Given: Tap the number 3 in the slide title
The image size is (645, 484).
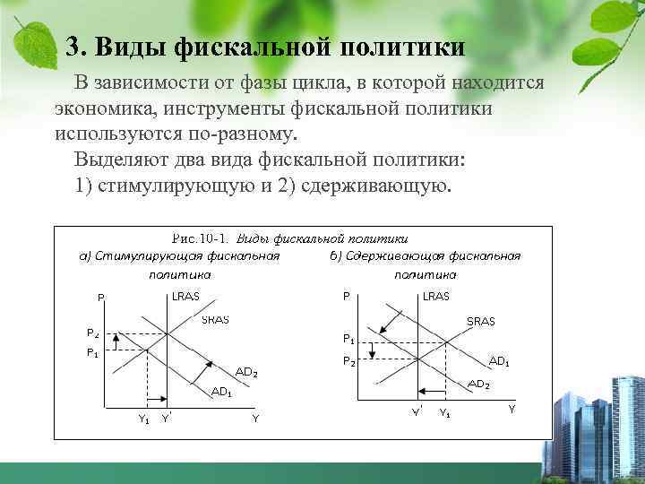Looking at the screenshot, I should click(x=73, y=46).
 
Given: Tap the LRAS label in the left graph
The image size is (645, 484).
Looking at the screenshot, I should click(x=186, y=297).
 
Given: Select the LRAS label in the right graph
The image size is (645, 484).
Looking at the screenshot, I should click(x=436, y=297).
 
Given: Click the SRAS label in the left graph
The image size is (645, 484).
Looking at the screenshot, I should click(x=214, y=319).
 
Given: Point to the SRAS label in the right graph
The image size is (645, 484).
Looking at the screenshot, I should click(x=481, y=321).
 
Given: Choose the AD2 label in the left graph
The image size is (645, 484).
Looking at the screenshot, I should click(x=246, y=372).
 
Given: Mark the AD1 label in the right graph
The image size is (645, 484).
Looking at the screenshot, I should click(x=499, y=361).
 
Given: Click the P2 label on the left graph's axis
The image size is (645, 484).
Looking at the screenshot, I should click(x=92, y=333).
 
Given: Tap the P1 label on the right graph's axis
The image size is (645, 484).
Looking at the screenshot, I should click(x=349, y=339).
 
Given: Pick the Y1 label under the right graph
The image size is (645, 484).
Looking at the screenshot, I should click(x=445, y=413).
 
